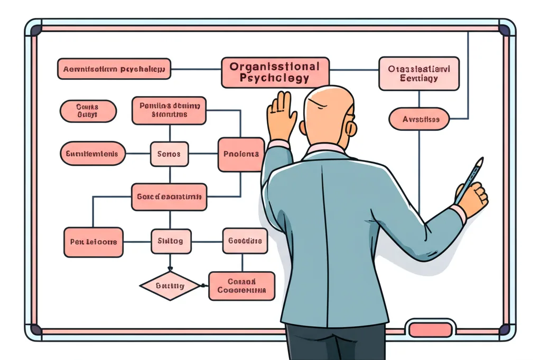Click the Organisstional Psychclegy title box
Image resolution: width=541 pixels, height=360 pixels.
tap(275, 72)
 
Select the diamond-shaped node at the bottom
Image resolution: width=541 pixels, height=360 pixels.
tap(170, 286)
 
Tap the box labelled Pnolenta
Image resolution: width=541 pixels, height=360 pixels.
tap(241, 154)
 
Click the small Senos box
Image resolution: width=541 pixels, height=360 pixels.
tap(169, 154)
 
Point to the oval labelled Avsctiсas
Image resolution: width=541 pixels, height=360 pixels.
tap(418, 119)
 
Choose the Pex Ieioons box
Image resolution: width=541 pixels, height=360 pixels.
tap(94, 242)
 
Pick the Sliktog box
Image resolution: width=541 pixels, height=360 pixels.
tap(170, 241)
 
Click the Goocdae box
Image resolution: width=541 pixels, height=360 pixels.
tap(245, 241)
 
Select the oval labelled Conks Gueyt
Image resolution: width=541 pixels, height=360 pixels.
tap(88, 111)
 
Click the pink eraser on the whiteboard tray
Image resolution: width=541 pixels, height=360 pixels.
tap(431, 330)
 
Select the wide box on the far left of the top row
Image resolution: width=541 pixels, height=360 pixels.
tap(114, 69)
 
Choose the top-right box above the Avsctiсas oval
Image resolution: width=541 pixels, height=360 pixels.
tap(419, 73)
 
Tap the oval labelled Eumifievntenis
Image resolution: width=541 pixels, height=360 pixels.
tap(93, 154)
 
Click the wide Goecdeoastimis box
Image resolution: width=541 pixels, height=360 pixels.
tap(169, 197)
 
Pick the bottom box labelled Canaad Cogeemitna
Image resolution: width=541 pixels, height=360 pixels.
tap(241, 286)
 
